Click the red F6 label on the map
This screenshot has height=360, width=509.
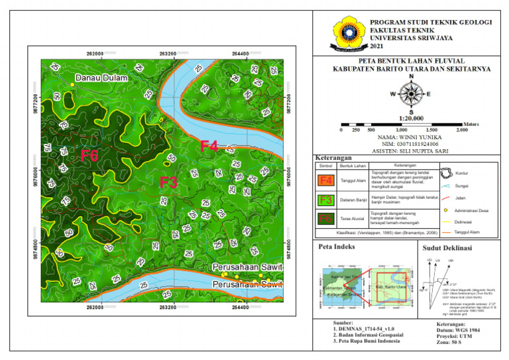coord(89,156)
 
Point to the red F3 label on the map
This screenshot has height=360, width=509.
coord(168,182)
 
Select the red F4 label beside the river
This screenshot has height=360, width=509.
coord(209,147)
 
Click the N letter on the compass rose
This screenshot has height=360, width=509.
coord(411,78)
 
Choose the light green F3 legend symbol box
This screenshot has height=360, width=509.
coord(325,200)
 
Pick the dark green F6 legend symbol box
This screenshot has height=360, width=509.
coord(325,219)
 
